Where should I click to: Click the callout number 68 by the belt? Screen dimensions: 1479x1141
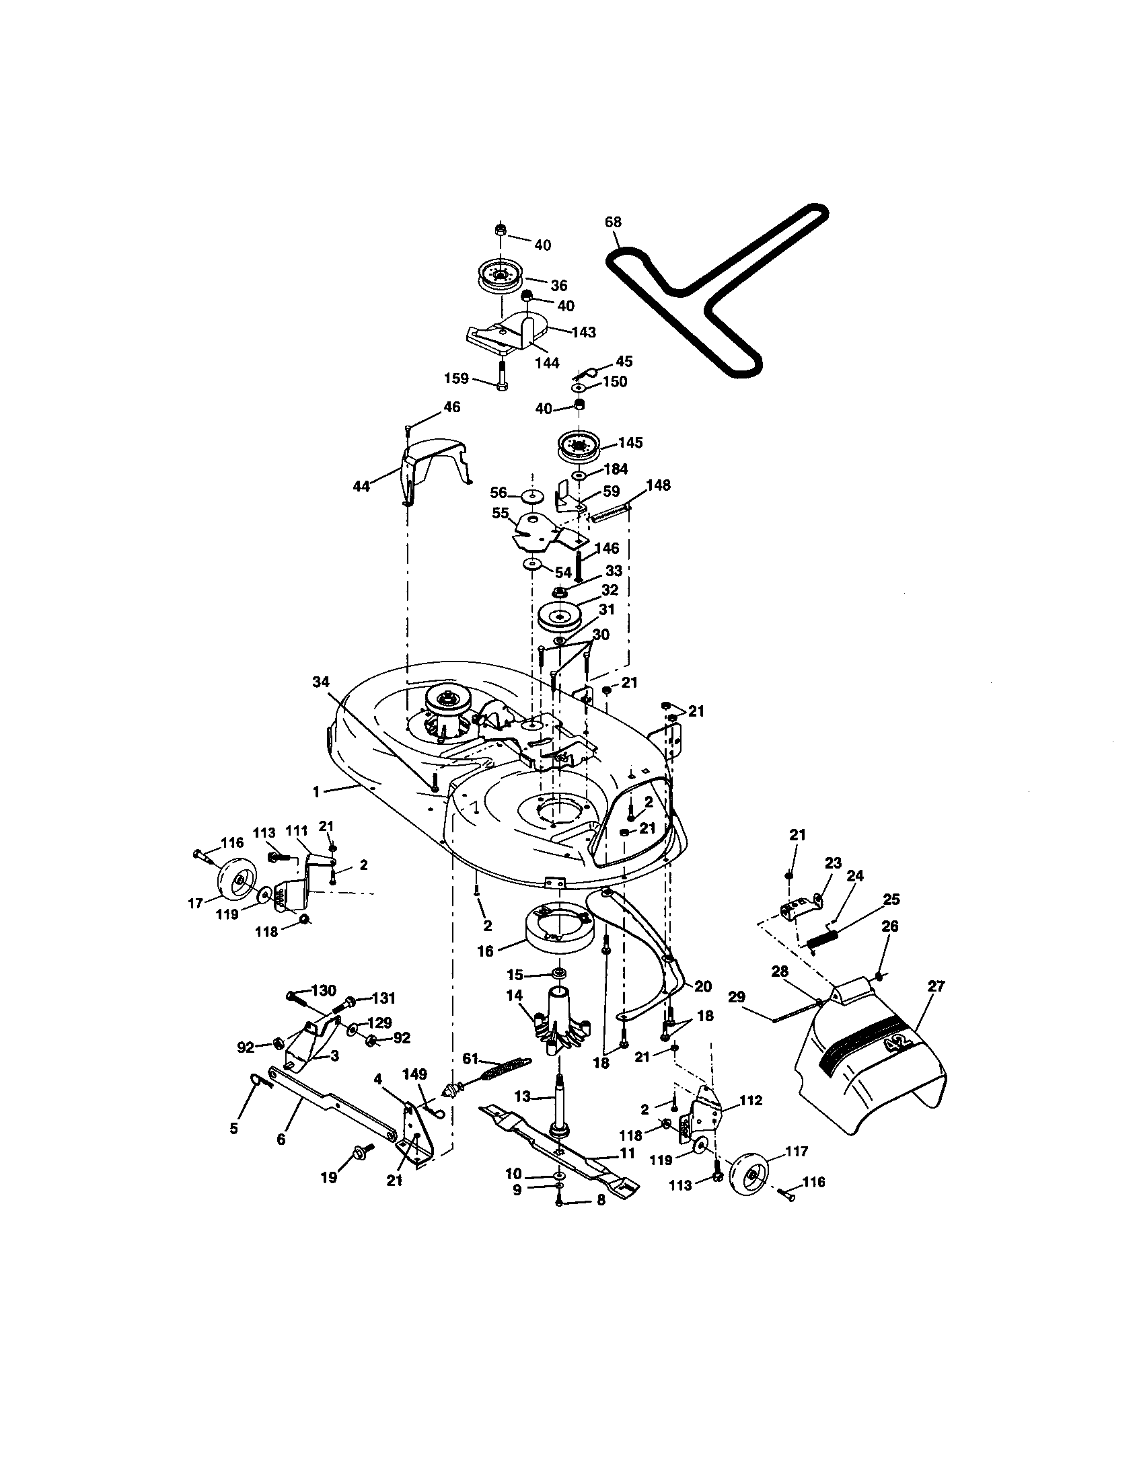point(612,222)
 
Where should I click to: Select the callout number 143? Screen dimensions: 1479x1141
point(584,332)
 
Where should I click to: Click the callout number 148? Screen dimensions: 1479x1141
point(658,485)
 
